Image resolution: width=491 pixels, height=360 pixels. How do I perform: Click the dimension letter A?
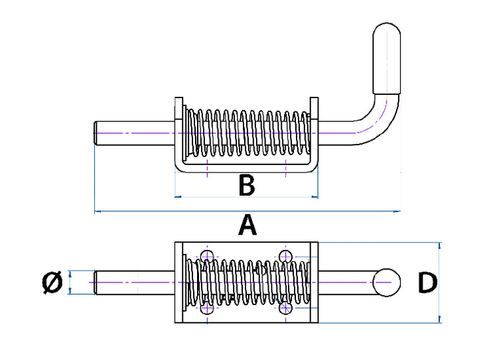[x=247, y=226]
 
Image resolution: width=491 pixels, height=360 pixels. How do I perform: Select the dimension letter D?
[x=427, y=283]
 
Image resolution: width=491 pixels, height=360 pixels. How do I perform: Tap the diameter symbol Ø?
[x=52, y=283]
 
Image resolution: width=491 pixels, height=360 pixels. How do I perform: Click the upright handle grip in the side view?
[x=387, y=59]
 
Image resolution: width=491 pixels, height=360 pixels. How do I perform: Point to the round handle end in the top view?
[x=386, y=283]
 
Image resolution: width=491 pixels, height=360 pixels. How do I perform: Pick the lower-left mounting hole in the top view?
[x=208, y=308]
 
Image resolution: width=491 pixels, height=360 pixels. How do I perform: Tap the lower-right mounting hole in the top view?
[x=286, y=308]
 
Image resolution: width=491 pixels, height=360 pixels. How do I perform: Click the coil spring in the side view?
[x=246, y=133]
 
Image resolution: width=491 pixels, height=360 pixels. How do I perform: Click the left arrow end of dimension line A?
[x=96, y=211]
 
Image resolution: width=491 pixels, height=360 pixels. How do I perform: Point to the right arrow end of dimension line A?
[x=399, y=211]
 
